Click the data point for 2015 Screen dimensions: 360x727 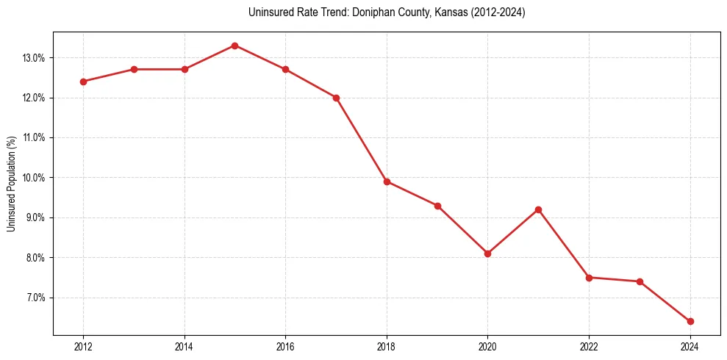point(234,46)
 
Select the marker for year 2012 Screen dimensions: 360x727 point(83,82)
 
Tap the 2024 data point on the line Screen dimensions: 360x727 point(690,321)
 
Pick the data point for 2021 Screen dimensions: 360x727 point(538,209)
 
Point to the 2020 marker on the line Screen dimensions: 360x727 point(487,253)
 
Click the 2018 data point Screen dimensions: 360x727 point(387,181)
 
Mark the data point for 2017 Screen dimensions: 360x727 point(336,98)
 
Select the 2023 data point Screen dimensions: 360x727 point(640,281)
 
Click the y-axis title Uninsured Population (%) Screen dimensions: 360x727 point(11,184)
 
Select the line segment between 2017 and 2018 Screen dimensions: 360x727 point(361,140)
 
